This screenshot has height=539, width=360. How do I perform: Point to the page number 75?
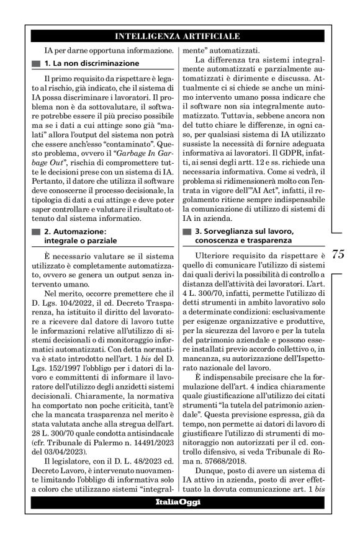point(338,254)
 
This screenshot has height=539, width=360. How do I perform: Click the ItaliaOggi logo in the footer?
point(178,501)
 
